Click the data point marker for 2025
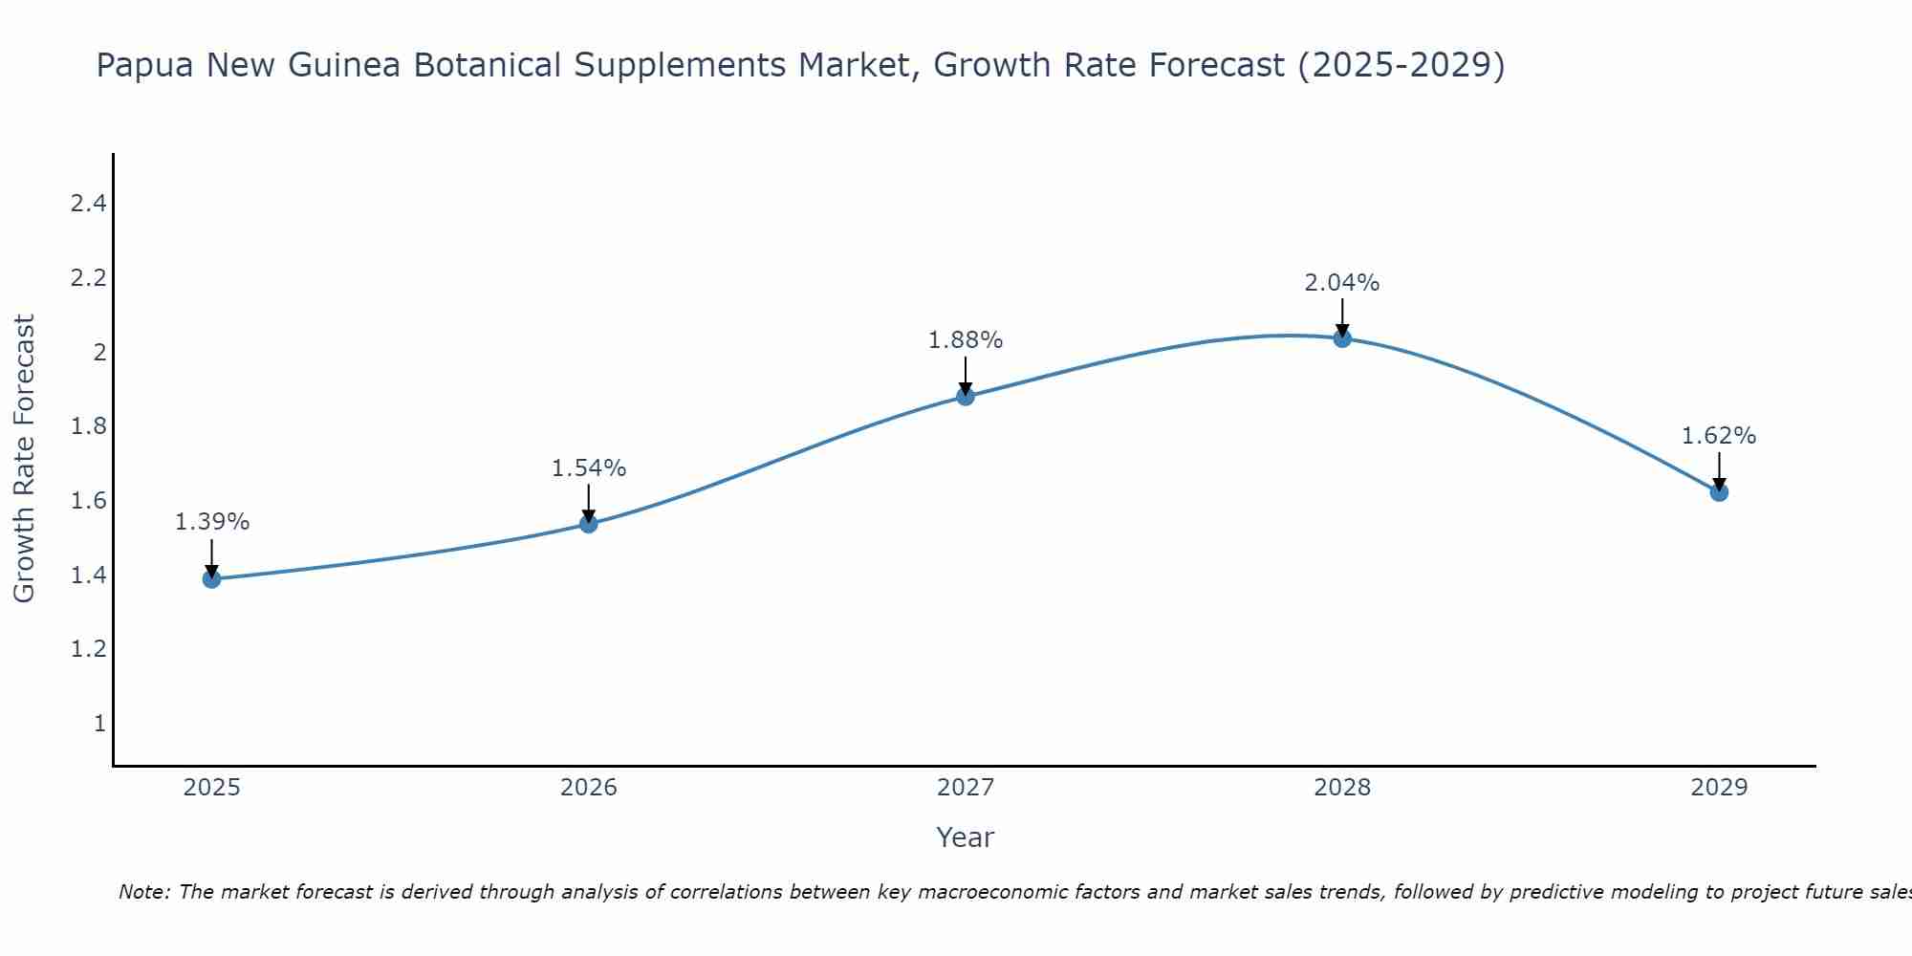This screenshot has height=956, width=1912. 211,578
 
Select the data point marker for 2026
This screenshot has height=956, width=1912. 588,523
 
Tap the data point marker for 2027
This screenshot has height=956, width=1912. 966,396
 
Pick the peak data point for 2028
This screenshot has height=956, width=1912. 1342,337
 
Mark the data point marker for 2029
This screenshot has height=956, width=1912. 1719,492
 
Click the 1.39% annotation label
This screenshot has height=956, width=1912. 211,522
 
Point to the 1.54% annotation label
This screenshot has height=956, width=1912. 588,468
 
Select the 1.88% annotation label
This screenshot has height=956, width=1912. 966,340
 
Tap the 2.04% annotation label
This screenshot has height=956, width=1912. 1342,283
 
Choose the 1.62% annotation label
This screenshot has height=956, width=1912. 1719,436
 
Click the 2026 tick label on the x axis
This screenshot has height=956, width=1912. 588,788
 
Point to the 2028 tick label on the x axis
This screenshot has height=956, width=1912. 1342,788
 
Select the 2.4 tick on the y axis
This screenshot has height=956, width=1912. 88,204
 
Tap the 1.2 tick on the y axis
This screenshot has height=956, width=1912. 88,649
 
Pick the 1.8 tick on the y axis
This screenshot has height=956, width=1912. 88,426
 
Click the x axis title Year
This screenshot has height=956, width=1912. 966,837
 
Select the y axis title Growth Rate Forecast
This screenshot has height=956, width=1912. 25,458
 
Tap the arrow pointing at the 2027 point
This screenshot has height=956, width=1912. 966,374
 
